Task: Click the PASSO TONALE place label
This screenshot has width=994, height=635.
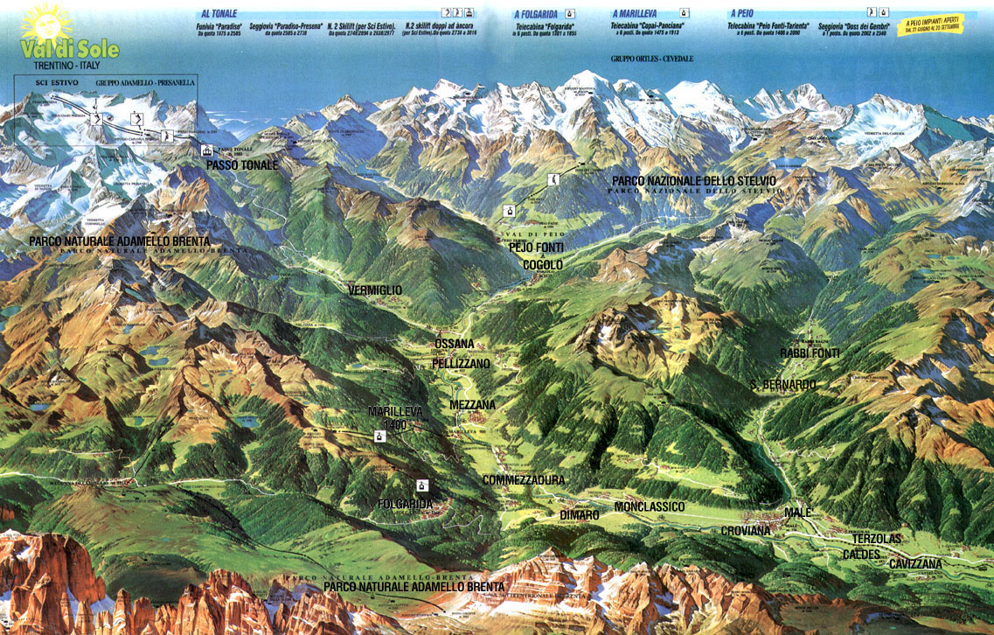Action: (242, 164)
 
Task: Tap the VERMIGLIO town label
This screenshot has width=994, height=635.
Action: (375, 290)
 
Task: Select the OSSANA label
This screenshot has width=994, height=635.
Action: (455, 344)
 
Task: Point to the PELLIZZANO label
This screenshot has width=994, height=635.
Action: (461, 363)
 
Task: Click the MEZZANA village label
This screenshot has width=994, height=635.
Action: (472, 405)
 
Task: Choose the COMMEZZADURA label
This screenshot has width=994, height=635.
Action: (524, 480)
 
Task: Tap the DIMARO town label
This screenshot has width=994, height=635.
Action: (580, 515)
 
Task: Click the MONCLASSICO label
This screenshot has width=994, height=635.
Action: (650, 507)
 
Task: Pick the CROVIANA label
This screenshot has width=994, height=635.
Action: (746, 531)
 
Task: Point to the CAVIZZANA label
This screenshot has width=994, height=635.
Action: (915, 564)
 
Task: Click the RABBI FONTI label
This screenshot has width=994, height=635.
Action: (810, 353)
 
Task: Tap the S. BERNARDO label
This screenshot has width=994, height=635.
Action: (783, 385)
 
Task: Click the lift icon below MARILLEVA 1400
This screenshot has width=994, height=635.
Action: (380, 436)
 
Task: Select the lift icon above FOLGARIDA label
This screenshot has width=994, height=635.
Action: (422, 485)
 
